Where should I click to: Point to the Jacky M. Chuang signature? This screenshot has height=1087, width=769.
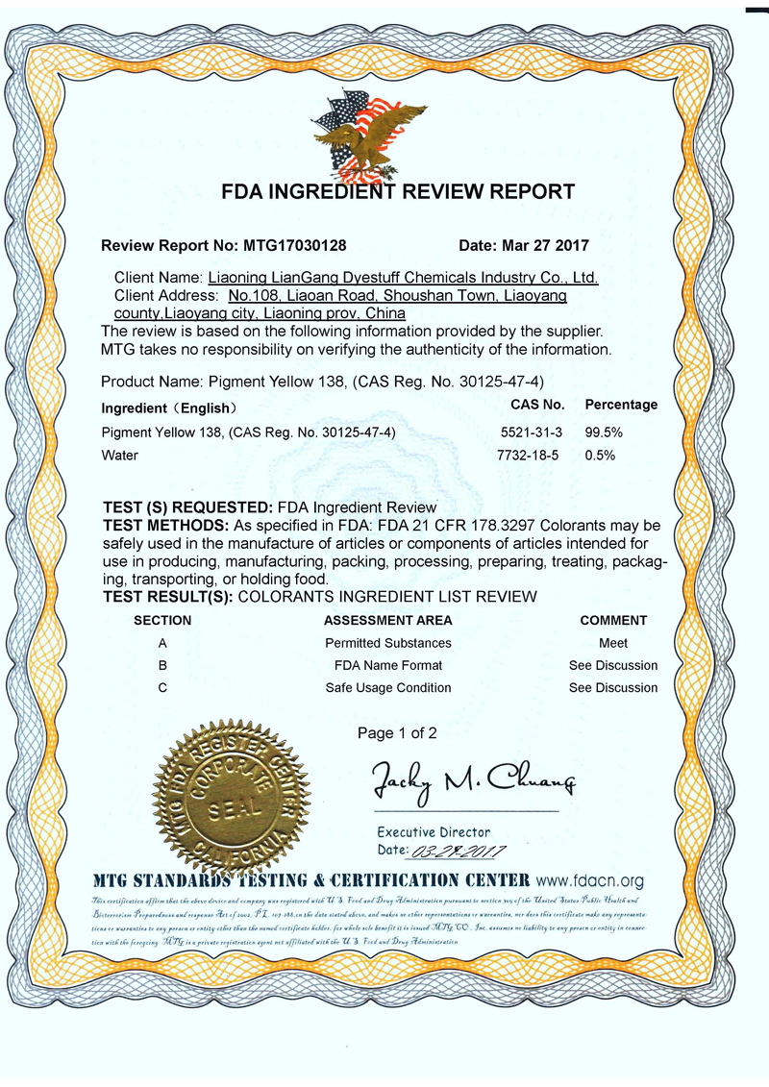pos(472,782)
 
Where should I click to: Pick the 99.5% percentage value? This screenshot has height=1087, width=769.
pos(604,432)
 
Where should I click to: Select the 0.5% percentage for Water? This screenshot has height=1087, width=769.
pos(600,456)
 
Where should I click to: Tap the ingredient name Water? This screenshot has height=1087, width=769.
pos(119,456)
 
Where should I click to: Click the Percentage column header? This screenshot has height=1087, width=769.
pos(621,405)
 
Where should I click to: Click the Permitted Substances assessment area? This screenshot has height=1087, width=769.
pos(388,643)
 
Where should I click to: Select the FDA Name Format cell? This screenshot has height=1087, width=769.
pos(388,665)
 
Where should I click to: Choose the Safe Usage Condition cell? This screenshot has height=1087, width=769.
pos(388,687)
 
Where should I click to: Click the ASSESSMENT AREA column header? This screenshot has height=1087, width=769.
pos(388,620)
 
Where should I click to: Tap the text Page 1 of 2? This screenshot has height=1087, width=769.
pos(397,733)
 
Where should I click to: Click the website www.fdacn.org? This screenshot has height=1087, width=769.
pos(589,879)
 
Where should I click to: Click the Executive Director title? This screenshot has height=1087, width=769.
pos(434,832)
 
